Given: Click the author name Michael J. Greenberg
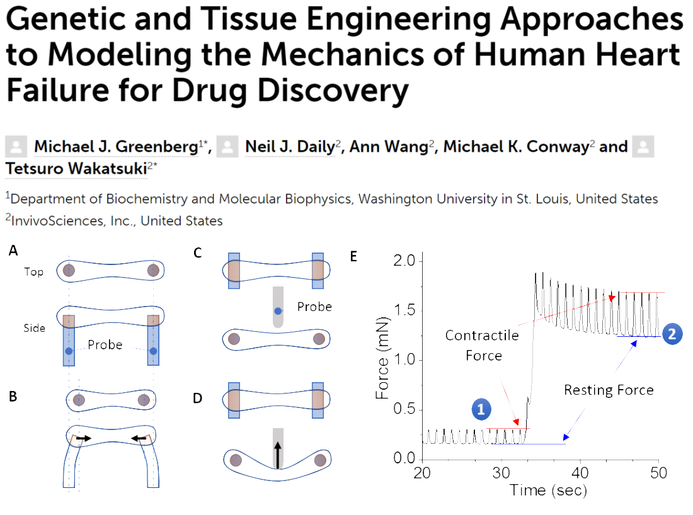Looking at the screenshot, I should coord(116,147).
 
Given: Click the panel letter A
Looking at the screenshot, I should coord(13,251).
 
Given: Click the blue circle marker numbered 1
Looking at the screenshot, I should coord(481,410).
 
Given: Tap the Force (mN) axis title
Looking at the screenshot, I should coord(382,359).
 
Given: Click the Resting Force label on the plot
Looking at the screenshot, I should coord(608,390).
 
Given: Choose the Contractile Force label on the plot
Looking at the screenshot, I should coord(483,346).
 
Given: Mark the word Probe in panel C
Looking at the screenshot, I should coord(314,307).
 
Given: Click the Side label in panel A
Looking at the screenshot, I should coord(35,328).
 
